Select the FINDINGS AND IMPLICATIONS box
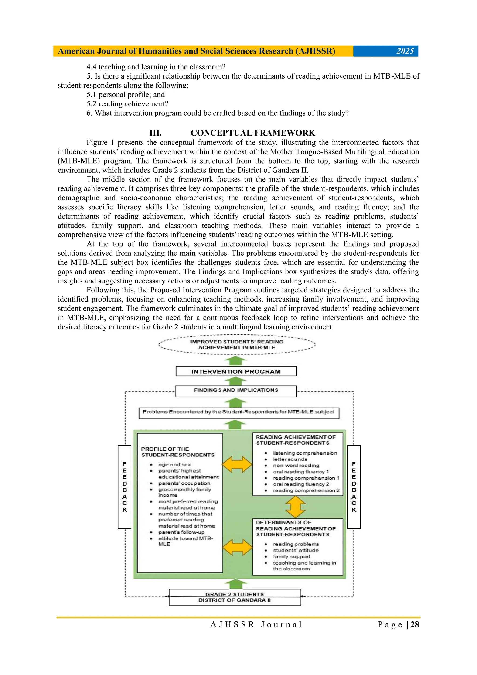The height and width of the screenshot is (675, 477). click(236, 391)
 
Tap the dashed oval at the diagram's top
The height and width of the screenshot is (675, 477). click(237, 345)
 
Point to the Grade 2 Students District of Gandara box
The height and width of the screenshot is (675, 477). click(235, 597)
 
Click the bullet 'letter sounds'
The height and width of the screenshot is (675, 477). click(290, 459)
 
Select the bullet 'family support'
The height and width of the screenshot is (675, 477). click(291, 557)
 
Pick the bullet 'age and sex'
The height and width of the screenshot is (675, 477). click(175, 465)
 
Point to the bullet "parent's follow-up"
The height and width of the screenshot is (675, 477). click(181, 532)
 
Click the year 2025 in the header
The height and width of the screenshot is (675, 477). click(405, 51)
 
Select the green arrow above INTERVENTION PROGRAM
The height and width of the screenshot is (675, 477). click(235, 361)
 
